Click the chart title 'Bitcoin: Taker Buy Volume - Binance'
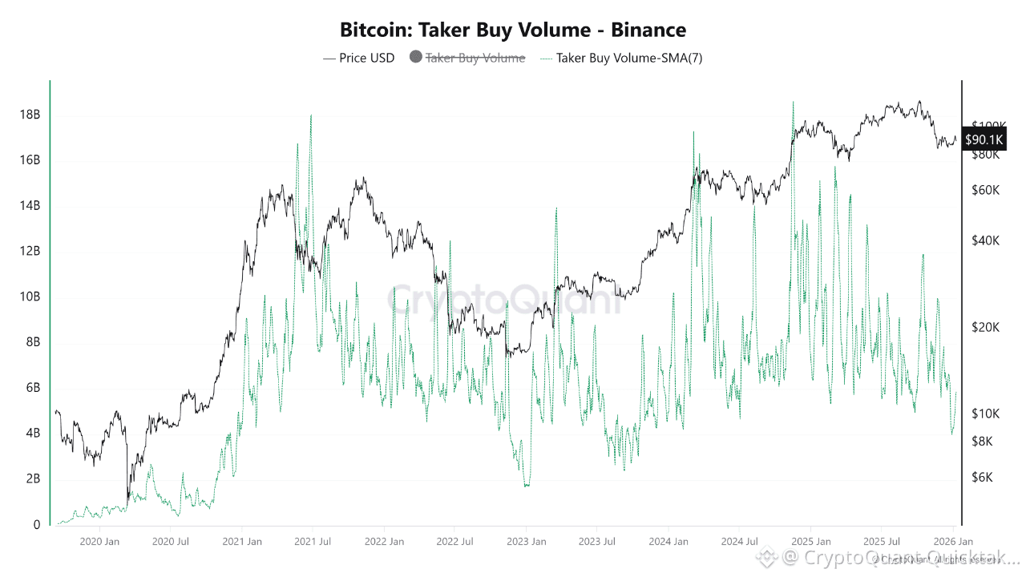[513, 30]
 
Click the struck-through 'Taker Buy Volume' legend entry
[475, 58]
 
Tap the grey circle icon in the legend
[415, 57]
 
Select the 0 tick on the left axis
[36, 525]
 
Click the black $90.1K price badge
[984, 139]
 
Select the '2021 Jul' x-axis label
[313, 542]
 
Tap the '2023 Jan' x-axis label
[526, 542]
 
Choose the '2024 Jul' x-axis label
[740, 542]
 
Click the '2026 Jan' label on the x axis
[954, 542]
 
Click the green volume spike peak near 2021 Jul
[310, 115]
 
